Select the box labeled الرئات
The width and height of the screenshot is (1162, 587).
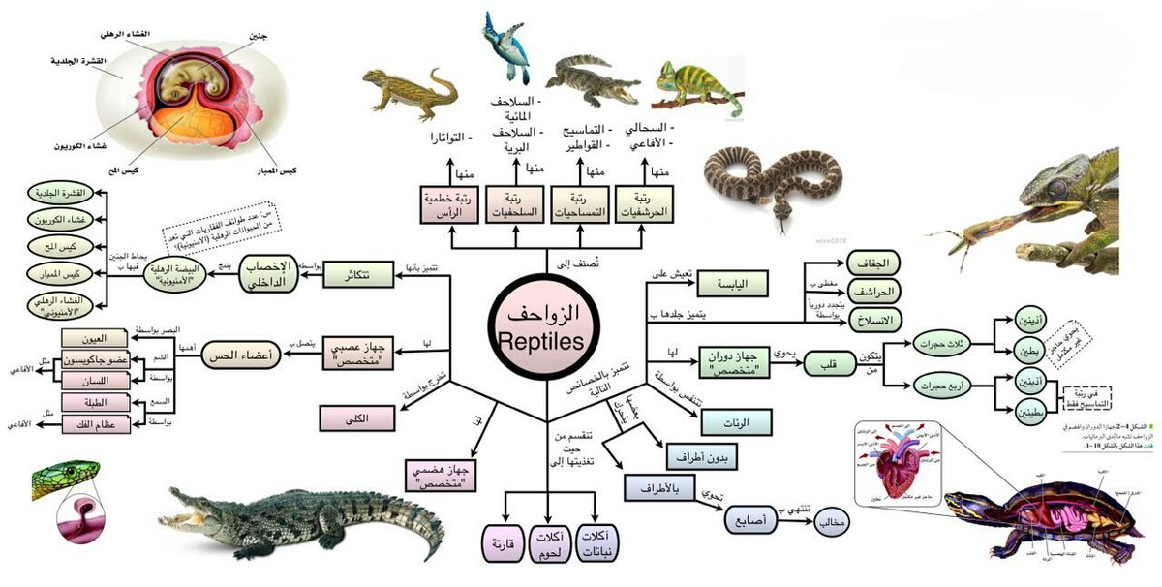[734, 421]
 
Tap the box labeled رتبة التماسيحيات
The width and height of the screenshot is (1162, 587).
[580, 203]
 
